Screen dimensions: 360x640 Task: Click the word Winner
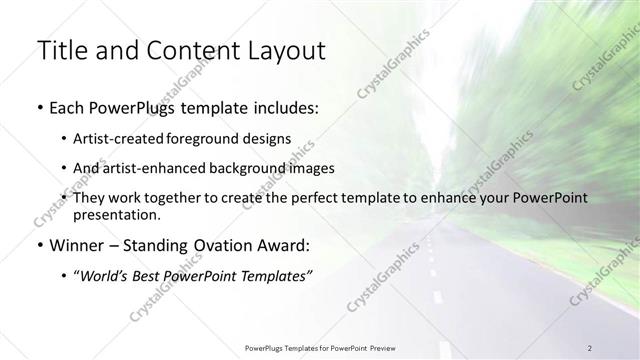72,244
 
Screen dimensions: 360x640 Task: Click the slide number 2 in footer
590,347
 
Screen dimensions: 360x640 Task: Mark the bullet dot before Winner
39,245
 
